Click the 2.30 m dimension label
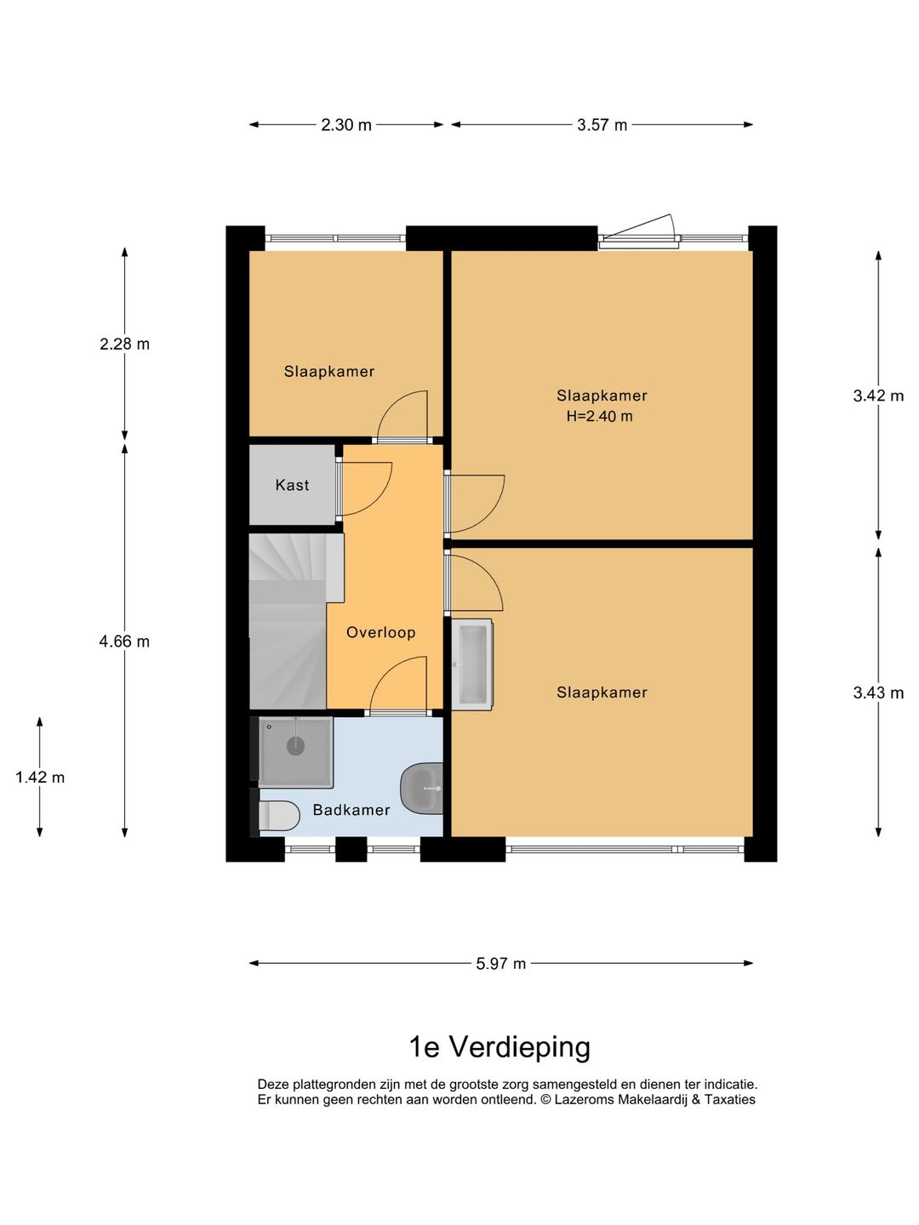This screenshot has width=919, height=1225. coord(345,125)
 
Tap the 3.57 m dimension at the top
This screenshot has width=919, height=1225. coord(602,125)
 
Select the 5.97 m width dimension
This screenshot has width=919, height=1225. coord(500,964)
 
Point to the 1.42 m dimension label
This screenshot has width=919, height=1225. coord(40,777)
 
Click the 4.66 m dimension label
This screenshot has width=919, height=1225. coord(124,641)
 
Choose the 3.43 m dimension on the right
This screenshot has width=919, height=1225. coord(878,692)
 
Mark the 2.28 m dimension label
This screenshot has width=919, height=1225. coord(124,344)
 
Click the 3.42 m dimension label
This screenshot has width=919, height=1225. coord(878,396)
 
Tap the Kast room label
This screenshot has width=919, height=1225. coord(292,485)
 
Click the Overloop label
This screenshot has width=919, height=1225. coord(380,632)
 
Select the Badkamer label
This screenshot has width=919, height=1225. coord(351,810)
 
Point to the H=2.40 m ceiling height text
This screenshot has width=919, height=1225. coord(600,416)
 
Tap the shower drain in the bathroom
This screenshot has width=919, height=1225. coord(295,746)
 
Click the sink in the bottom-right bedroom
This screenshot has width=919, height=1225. coord(473,664)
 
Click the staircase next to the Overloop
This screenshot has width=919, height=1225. coord(287,621)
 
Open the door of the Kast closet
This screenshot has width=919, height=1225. coord(364,489)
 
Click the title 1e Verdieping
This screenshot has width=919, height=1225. coord(499,1046)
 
